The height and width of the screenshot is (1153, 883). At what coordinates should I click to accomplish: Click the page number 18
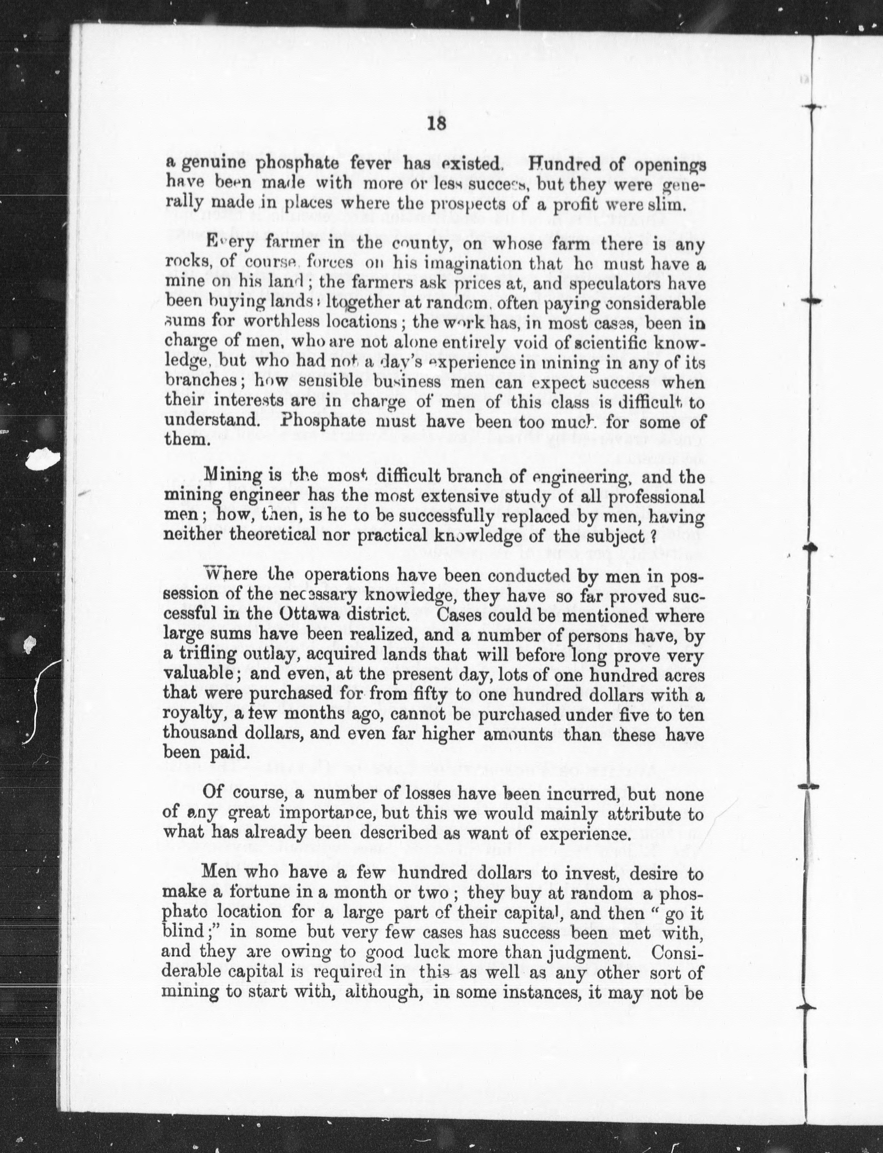436,124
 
